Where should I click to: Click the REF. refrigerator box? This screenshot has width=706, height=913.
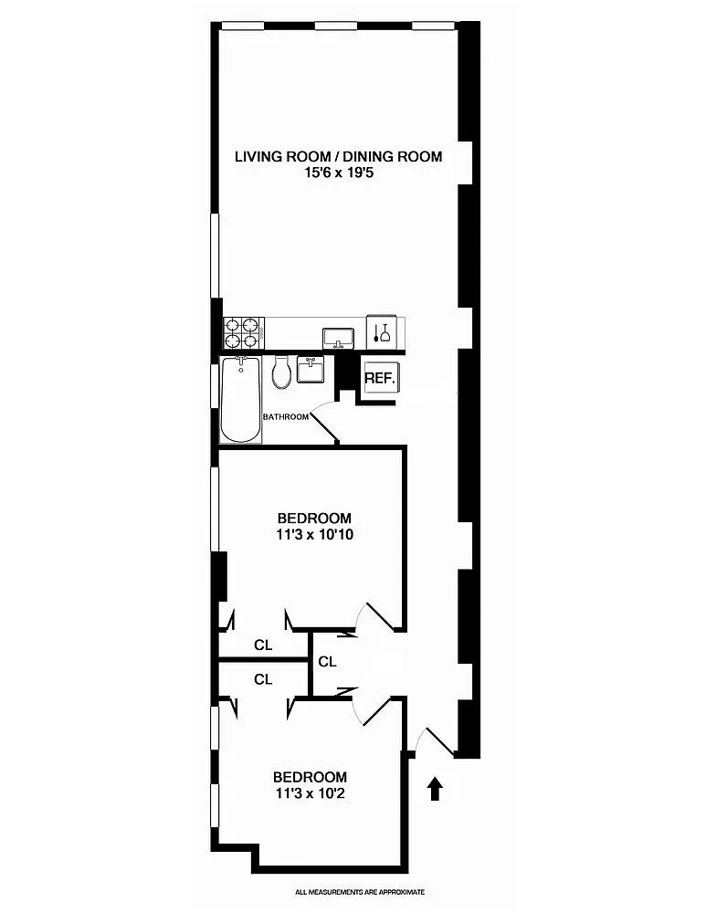(x=380, y=377)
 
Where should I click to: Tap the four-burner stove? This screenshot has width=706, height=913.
(x=244, y=333)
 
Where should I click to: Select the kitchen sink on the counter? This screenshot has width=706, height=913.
(x=339, y=339)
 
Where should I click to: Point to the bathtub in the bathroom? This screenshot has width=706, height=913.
(x=241, y=400)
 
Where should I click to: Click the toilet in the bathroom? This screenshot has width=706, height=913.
(x=281, y=373)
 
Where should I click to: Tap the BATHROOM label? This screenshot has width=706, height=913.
(x=286, y=417)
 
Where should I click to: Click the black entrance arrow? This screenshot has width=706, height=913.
(x=435, y=790)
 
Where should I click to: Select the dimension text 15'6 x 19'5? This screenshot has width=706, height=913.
(x=339, y=173)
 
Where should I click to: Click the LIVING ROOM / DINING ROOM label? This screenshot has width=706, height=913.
(x=339, y=157)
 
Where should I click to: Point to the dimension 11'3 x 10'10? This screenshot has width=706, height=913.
(x=314, y=534)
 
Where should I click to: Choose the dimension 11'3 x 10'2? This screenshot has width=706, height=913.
(x=311, y=793)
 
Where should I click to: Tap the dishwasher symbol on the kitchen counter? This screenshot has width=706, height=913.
(x=382, y=333)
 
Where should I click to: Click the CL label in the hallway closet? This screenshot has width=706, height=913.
(x=327, y=661)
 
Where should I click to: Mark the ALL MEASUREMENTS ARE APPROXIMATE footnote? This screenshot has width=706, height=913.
(x=360, y=891)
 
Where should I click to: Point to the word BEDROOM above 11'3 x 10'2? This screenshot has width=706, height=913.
(x=310, y=777)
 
